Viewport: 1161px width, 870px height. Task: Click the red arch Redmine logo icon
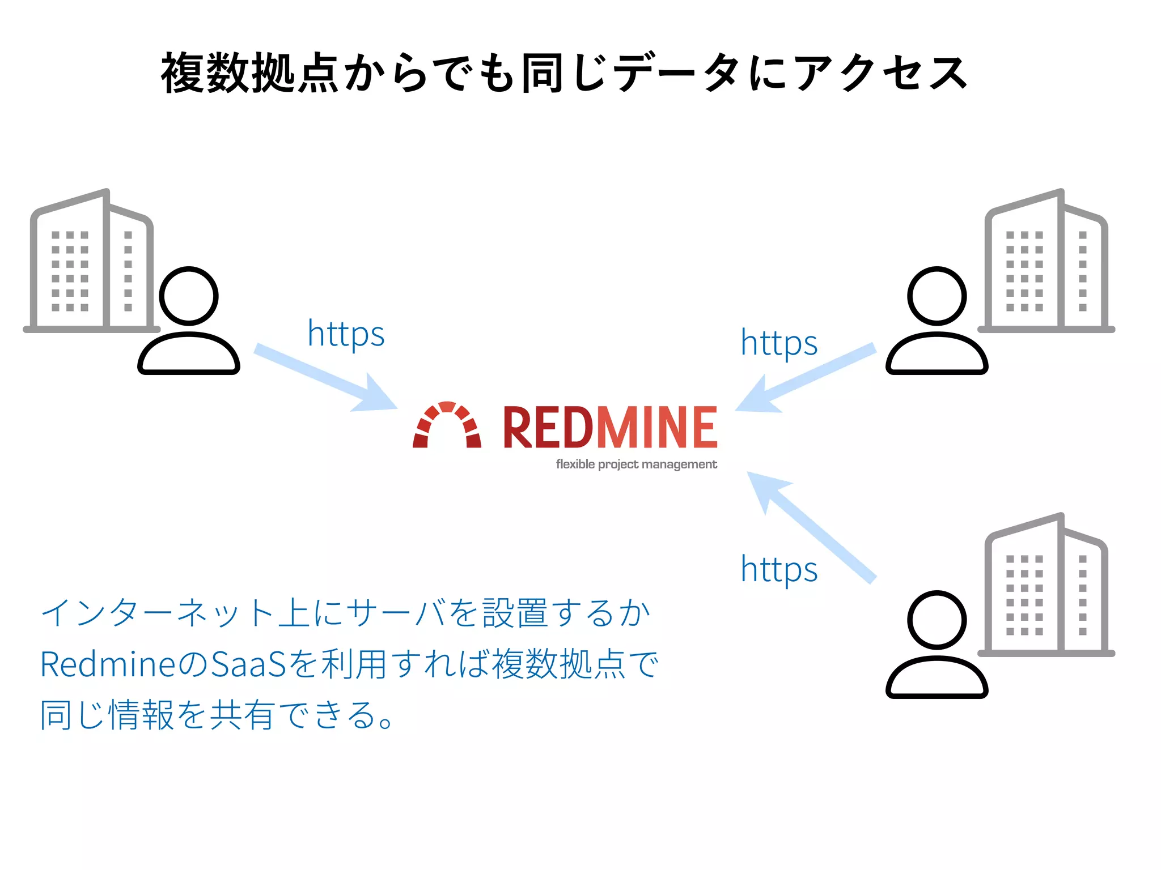point(447,426)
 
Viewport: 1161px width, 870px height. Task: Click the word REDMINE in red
point(610,428)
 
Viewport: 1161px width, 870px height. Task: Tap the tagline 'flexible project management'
point(636,464)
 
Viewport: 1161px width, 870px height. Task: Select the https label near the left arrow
point(346,334)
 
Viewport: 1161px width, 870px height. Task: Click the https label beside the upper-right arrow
point(779,343)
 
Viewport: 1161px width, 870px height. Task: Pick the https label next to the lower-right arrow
point(779,569)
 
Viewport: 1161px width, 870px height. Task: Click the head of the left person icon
point(189,296)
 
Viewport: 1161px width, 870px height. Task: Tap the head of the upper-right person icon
point(937,296)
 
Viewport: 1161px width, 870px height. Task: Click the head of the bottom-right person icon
point(937,620)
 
